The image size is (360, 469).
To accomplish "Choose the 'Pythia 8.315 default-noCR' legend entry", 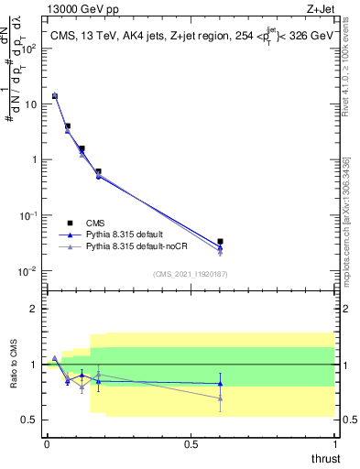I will coord(124,246).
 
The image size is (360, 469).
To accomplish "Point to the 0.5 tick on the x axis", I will coord(191,443).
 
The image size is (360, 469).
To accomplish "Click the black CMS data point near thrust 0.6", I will coord(220,242).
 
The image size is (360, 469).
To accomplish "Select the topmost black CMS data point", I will coord(54,95).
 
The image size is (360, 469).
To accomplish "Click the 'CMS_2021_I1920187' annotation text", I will coord(190,274).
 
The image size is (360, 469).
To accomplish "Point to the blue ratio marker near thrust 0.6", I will coord(220,384).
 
